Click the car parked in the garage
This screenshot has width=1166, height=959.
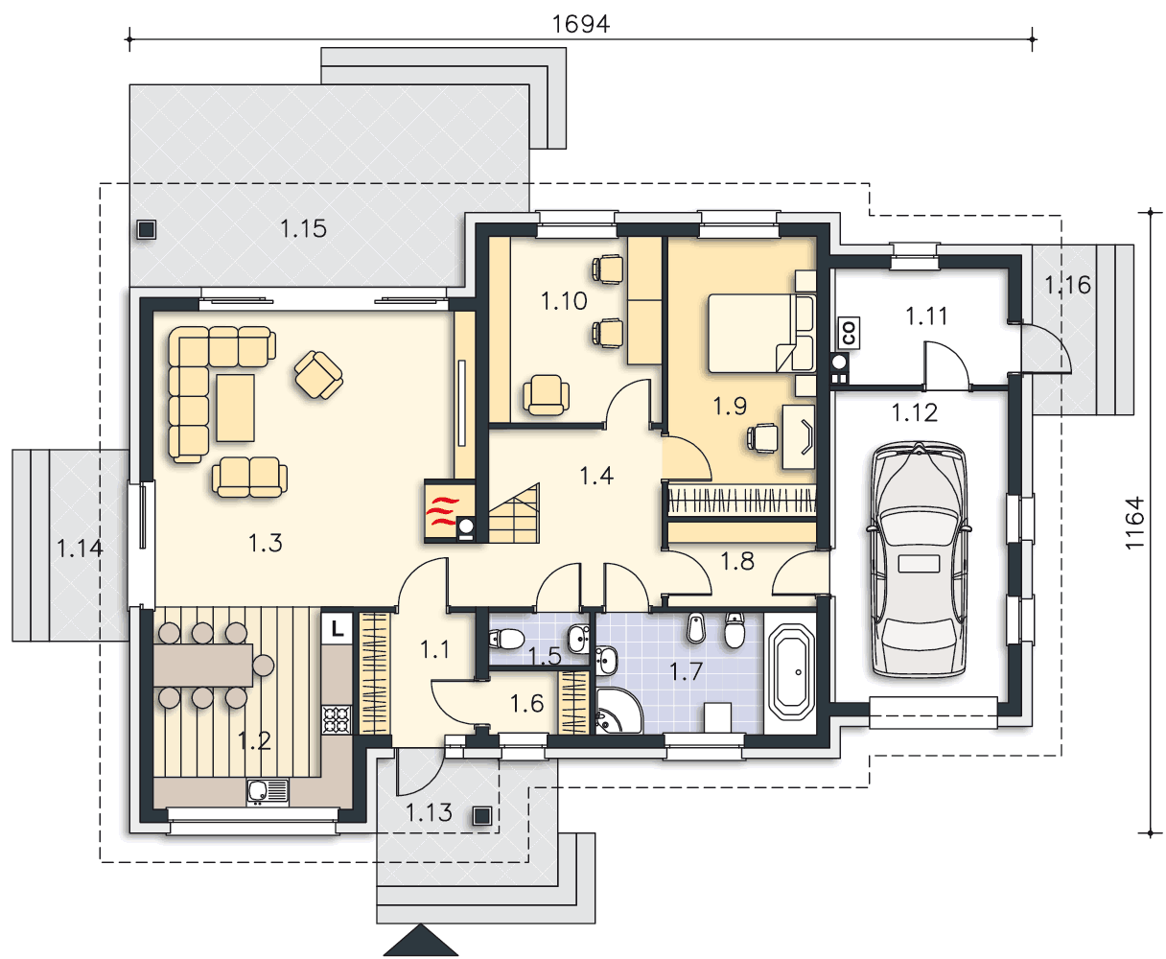[919, 559]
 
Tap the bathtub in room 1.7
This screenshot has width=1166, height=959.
[792, 672]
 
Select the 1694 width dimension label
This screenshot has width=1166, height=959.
[581, 24]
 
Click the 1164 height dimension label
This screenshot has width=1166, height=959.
[1134, 523]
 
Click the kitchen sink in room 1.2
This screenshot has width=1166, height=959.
[268, 791]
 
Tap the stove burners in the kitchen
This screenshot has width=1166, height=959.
[337, 719]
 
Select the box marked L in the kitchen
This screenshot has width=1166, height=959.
[337, 628]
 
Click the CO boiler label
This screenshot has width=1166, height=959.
[849, 333]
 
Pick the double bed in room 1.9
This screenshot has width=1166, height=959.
[760, 333]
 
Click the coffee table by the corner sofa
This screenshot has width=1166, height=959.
[235, 409]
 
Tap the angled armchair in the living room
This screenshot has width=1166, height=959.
[318, 374]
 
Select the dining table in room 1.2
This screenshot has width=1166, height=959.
[203, 666]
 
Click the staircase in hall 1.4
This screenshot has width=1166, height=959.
[514, 514]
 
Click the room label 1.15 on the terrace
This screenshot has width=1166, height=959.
[303, 228]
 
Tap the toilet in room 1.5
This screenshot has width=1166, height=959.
[507, 640]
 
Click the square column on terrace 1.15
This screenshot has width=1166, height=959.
[147, 229]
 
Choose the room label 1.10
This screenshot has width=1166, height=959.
[564, 301]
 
